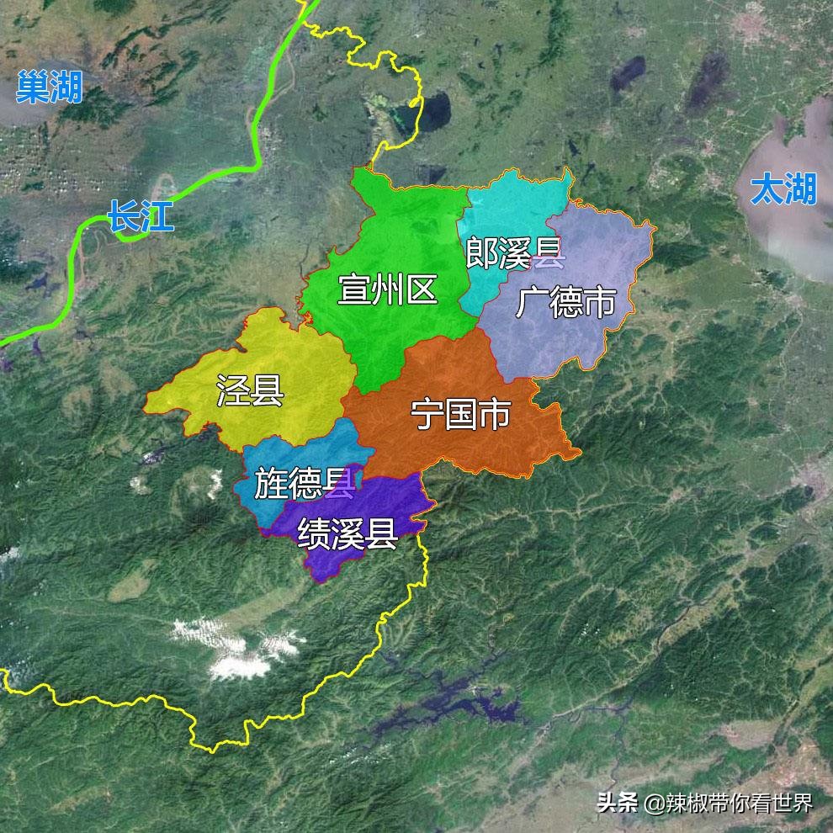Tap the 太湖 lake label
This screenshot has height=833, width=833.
[783, 189]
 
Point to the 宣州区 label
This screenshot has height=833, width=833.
[388, 289]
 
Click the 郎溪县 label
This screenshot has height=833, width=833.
[515, 252]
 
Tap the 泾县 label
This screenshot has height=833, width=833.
[250, 390]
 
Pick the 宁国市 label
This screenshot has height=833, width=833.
[460, 414]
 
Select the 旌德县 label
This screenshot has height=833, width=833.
[303, 485]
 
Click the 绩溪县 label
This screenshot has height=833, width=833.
[347, 532]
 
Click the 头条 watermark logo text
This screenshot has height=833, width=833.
[618, 802]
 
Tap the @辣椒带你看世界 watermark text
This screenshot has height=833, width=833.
[729, 802]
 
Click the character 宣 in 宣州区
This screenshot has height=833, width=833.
[354, 289]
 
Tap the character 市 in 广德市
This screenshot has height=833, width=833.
[599, 302]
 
